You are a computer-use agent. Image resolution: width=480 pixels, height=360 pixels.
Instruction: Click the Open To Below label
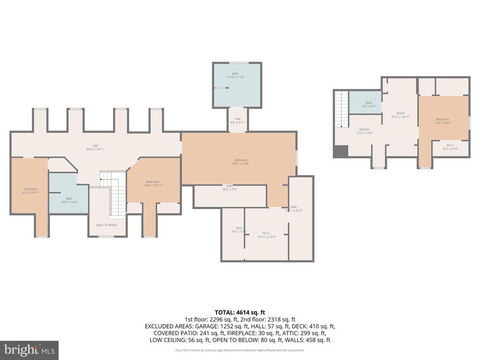[106, 225]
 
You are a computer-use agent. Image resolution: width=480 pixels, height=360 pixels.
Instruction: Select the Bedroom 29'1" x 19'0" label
[239, 162]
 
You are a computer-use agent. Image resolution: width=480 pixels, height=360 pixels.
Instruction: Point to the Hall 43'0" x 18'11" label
[95, 147]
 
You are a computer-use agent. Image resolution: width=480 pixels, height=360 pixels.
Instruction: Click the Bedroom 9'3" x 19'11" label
[31, 191]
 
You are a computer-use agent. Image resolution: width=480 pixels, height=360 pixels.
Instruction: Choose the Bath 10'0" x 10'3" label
[69, 200]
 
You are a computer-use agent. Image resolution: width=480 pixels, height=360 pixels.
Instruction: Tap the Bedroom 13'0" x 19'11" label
[152, 184]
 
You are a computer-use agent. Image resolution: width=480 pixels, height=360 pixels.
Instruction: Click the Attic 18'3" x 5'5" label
[230, 187]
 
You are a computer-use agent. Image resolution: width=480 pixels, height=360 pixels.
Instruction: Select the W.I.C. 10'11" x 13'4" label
[266, 235]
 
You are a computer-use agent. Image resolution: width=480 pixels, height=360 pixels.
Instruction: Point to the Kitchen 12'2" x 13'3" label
[365, 131]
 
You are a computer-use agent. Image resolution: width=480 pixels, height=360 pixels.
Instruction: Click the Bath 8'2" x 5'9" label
[369, 105]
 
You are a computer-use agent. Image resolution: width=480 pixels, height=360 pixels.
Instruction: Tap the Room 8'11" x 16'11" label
[400, 115]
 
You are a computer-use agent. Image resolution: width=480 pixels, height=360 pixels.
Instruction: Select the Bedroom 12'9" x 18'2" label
[442, 121]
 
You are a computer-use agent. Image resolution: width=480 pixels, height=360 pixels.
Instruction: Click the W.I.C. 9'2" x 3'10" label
[451, 147]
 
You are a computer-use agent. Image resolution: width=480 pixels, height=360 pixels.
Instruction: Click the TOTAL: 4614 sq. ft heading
[240, 312]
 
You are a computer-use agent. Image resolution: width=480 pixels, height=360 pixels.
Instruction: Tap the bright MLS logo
[29, 350]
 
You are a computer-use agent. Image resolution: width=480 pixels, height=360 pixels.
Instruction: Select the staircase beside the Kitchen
[341, 109]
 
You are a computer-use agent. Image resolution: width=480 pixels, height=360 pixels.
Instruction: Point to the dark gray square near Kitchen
[340, 151]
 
